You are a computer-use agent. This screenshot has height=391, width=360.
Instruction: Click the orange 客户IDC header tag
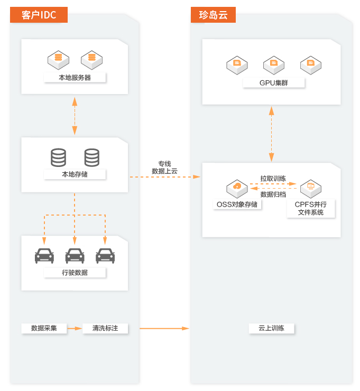click(39, 15)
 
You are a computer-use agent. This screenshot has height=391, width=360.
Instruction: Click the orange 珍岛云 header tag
click(213, 15)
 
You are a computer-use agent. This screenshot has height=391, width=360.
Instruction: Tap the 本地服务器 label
click(75, 78)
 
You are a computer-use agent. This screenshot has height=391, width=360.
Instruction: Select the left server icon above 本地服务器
click(58, 59)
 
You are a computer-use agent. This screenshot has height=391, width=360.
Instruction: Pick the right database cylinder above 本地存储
click(92, 157)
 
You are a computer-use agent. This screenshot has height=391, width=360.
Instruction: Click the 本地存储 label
click(75, 174)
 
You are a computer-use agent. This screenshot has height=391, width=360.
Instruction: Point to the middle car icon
click(75, 256)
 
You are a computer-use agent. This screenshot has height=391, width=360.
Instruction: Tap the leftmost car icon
click(44, 256)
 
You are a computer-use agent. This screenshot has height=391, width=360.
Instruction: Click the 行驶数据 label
click(75, 273)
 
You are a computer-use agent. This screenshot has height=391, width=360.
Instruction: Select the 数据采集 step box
click(44, 328)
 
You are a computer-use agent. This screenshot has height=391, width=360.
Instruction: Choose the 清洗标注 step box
click(105, 328)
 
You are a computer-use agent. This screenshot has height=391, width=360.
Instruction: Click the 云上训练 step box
click(271, 328)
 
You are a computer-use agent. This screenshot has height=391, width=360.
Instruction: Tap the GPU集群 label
click(274, 83)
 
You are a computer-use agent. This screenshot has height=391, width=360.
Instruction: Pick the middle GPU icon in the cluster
click(274, 64)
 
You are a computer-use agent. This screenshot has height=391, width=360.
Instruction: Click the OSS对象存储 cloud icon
click(237, 188)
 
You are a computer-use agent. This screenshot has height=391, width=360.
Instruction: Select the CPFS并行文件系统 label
click(311, 208)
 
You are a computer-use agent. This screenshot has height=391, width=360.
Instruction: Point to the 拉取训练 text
click(273, 179)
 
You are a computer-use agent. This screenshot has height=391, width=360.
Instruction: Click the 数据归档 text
click(273, 194)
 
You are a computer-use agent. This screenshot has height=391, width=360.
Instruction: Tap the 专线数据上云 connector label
click(164, 167)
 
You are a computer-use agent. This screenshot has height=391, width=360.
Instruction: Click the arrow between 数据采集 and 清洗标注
click(75, 328)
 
